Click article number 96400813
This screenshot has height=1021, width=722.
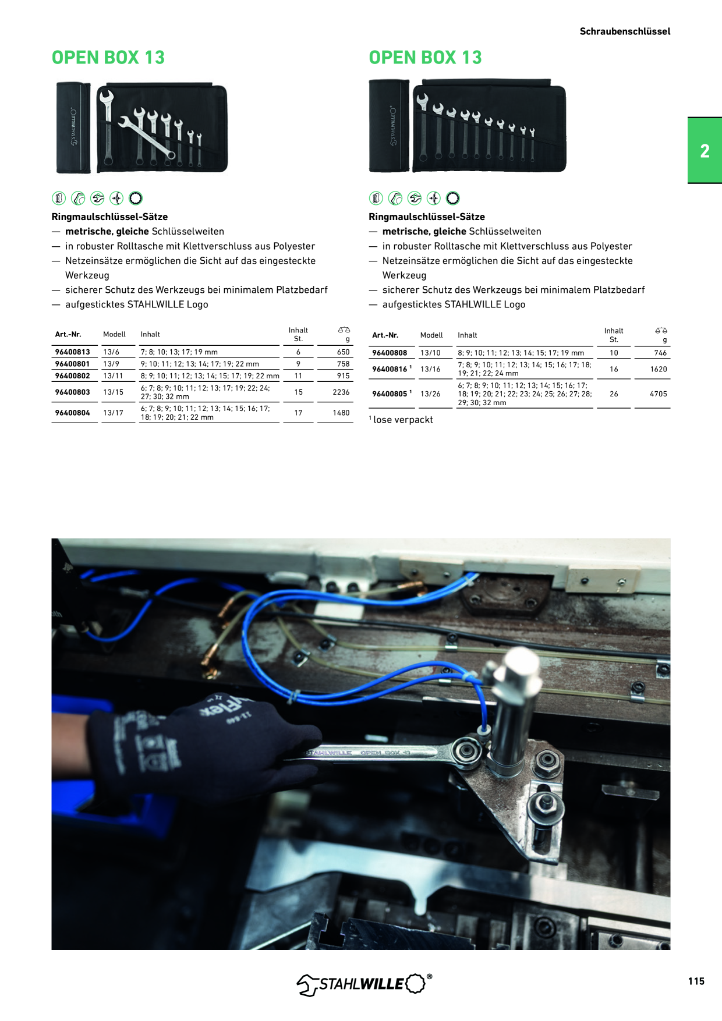tap(72, 352)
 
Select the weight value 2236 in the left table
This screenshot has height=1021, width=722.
tap(341, 392)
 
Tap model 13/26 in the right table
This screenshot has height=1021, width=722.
tap(430, 394)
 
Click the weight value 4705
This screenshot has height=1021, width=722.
tap(659, 394)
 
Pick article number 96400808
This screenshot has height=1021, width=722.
tap(390, 353)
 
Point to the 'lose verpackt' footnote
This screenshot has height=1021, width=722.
tap(401, 420)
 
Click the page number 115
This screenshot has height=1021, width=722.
tap(696, 981)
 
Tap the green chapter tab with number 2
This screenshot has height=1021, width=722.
tap(705, 151)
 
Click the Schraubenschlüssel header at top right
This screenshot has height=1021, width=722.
tap(625, 31)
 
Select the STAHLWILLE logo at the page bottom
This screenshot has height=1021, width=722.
tap(364, 984)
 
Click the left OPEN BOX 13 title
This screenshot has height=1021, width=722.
tap(108, 58)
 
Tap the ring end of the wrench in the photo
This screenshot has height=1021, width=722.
tap(468, 750)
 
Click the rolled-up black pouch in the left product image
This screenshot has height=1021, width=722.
tap(73, 127)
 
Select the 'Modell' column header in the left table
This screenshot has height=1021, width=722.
tap(114, 335)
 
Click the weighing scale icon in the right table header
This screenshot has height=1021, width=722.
tap(661, 331)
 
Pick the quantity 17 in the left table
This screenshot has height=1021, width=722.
tap(298, 413)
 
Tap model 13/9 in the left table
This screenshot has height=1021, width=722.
tap(111, 364)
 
